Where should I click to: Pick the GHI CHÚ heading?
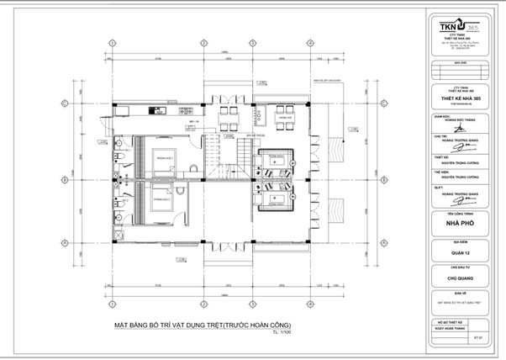point(453,62)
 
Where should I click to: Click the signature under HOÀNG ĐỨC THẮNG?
point(453,125)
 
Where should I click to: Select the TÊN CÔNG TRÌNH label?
point(453,214)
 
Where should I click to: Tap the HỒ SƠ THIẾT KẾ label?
point(453,321)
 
